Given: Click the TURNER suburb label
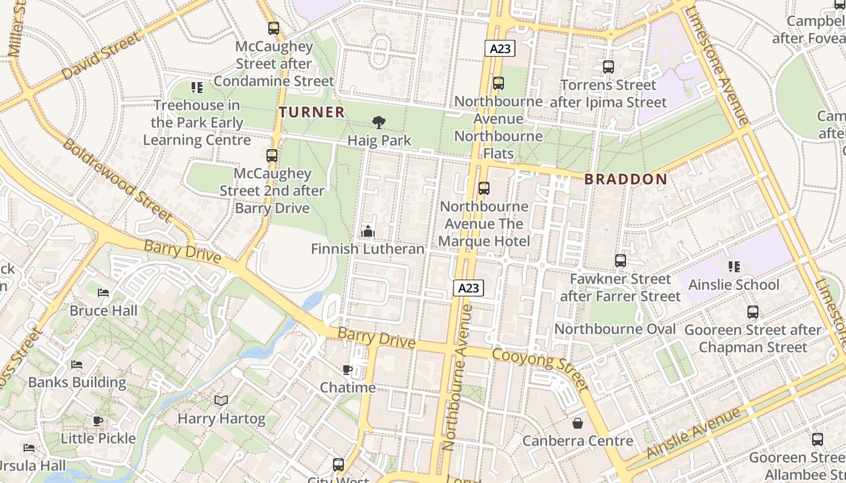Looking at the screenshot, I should (312, 112).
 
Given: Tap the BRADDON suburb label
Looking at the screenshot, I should (626, 179).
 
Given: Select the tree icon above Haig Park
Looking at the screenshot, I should (379, 123).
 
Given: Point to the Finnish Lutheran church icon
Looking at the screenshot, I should (367, 231).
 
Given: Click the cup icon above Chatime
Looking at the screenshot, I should (347, 369).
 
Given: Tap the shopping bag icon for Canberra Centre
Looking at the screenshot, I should (578, 423).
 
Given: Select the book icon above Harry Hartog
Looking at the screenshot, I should (221, 400).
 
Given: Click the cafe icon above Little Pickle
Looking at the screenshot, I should (98, 421).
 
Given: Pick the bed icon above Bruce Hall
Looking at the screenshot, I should (103, 293).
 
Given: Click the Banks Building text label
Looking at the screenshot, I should (77, 382).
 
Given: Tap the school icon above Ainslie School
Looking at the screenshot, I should (734, 266).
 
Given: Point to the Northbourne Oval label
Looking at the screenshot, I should (615, 329).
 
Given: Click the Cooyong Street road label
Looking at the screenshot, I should (540, 369).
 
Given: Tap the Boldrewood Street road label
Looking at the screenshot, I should (117, 180).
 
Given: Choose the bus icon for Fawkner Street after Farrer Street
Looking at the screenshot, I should (620, 261).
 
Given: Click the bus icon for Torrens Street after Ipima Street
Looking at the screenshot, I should (608, 67).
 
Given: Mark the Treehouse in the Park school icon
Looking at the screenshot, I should (196, 88).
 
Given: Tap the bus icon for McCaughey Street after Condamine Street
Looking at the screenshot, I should (274, 28).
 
